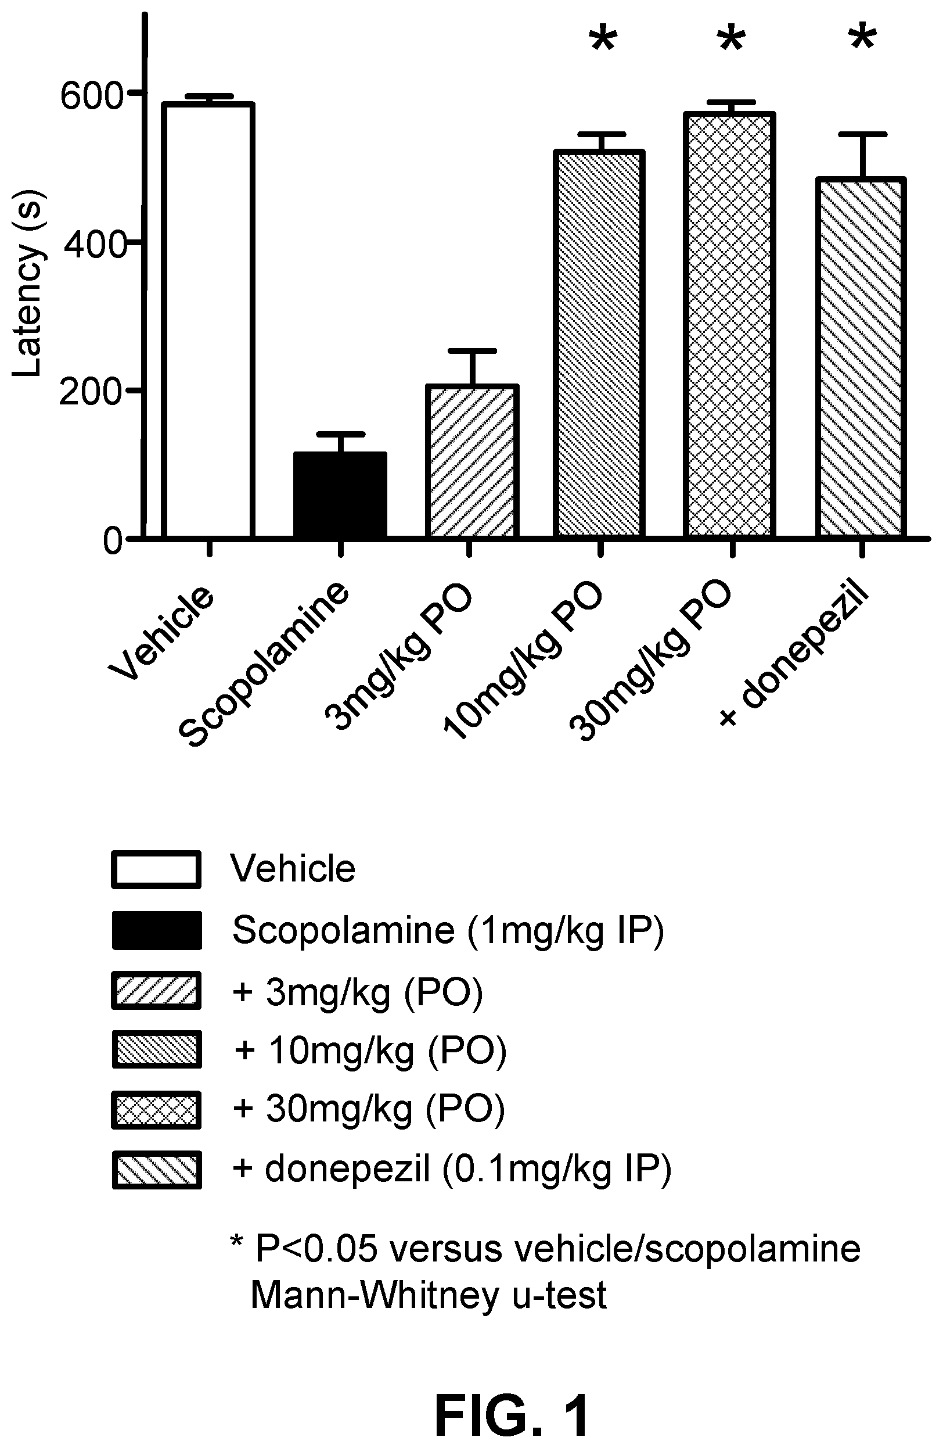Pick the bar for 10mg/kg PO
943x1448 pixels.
[599, 344]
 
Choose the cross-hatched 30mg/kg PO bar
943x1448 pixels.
[728, 325]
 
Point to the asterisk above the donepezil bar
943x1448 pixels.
[863, 40]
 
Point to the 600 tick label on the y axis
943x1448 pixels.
[92, 96]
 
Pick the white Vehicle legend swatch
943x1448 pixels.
[156, 869]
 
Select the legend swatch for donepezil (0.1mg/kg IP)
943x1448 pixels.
[156, 1169]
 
